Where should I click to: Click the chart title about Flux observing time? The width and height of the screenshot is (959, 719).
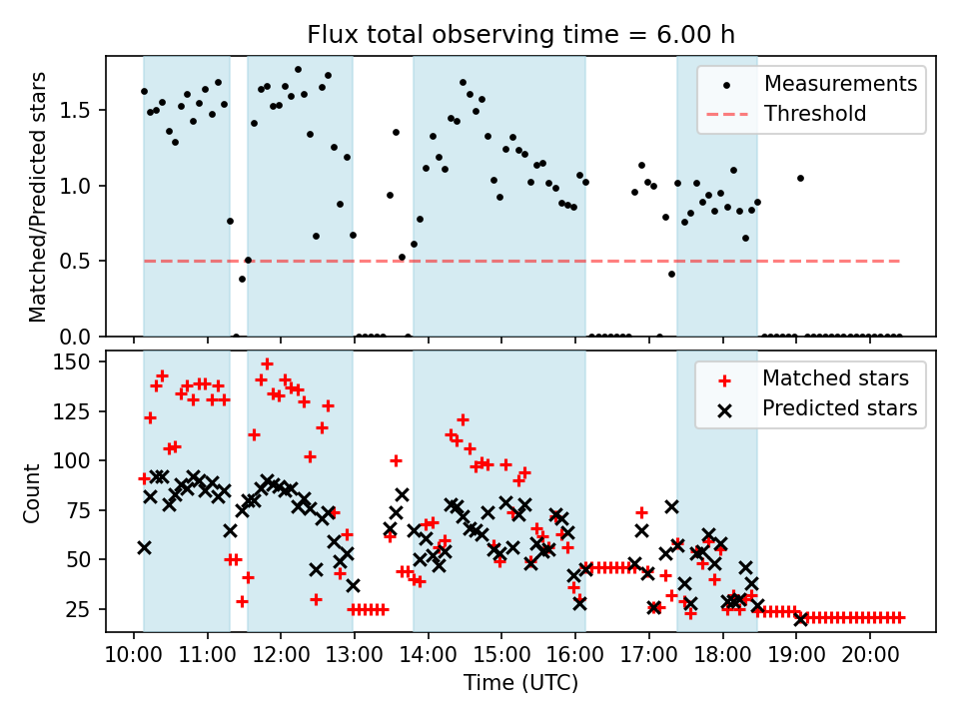(x=520, y=35)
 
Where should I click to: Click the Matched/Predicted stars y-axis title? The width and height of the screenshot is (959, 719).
(x=37, y=197)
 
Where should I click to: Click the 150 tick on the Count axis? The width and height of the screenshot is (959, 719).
(x=77, y=360)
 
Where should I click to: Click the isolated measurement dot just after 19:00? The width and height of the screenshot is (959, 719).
(x=800, y=178)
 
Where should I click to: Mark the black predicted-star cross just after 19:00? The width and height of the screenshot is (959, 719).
(x=800, y=619)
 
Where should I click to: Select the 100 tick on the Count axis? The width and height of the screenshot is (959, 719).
(x=77, y=460)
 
